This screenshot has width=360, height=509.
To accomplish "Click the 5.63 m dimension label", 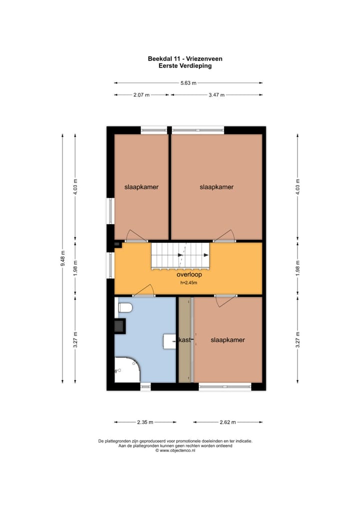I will point(188,83).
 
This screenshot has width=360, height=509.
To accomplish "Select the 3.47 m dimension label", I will point(216,94).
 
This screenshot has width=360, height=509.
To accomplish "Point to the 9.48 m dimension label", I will point(62,258).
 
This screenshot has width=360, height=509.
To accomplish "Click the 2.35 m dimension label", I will point(145,422).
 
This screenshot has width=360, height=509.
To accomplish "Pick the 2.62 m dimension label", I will point(227,422).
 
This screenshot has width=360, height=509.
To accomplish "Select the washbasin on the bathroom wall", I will point(169,341).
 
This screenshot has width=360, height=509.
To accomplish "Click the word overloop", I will point(188,275).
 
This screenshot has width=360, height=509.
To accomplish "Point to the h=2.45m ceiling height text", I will point(188,283).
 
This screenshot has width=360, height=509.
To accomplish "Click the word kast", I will point(184,340).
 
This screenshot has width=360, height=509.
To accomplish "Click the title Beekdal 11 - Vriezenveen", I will point(185,58).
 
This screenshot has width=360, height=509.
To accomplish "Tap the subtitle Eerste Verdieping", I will point(185,65).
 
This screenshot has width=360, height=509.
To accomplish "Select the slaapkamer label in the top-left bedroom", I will point(141,187).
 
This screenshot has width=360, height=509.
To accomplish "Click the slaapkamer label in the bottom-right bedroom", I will point(228,340).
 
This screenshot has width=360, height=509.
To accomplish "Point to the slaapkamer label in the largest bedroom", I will point(216,187).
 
